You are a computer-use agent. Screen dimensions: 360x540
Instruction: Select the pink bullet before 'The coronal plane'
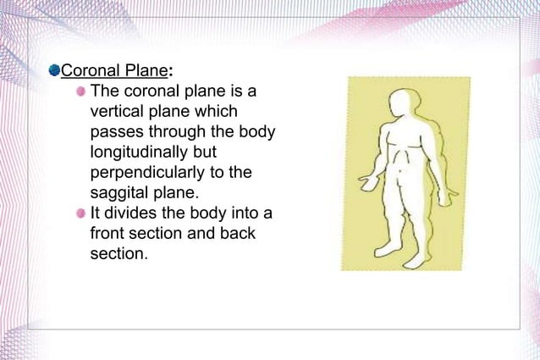point(80,91)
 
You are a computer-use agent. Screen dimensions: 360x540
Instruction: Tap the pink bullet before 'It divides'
point(80,213)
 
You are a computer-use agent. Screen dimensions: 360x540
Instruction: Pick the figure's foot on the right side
point(415,259)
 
